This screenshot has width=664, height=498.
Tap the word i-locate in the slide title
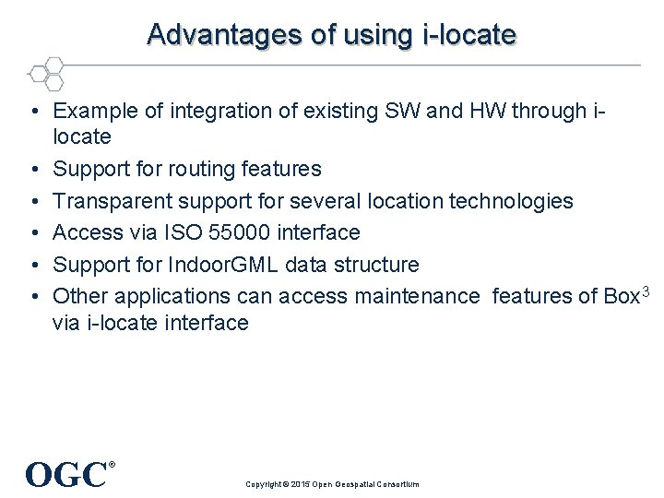point(469,34)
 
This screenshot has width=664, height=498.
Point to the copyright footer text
point(332,484)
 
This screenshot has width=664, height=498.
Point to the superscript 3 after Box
point(646,291)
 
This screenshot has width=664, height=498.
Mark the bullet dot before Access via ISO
point(32,233)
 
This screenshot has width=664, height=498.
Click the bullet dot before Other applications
point(32,297)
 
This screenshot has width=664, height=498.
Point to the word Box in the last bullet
point(620,296)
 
